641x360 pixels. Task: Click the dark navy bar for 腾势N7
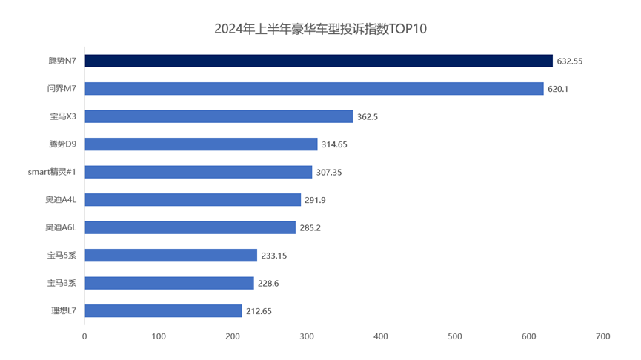(319, 61)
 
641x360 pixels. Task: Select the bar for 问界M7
(314, 89)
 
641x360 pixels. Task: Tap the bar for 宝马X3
(219, 116)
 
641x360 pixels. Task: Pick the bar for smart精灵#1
(198, 172)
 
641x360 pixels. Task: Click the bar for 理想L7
(163, 311)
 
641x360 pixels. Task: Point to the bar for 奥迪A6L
(190, 227)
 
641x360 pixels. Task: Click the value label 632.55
(570, 61)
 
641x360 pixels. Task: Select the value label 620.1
(560, 89)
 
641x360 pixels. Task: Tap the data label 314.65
(334, 144)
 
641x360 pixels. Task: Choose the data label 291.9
(316, 200)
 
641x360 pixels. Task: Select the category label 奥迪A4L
(61, 200)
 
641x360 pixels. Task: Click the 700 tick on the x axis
(602, 336)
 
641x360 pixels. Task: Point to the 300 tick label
(307, 336)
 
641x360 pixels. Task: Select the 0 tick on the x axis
(84, 336)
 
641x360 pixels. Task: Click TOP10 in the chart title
(408, 30)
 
